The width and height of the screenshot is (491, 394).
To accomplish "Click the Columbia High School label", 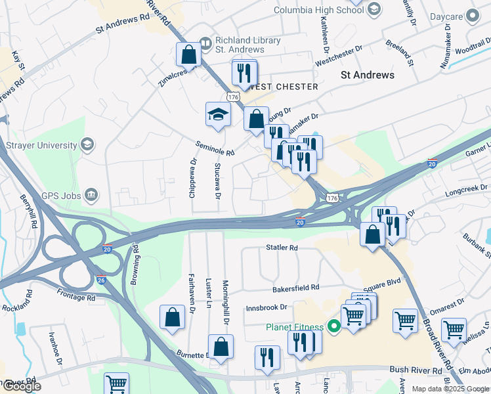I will point(318,11).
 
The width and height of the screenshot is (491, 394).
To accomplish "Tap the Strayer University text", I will point(38,144).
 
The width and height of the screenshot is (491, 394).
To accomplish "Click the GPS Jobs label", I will point(59,194).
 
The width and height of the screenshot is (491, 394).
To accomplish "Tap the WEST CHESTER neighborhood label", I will point(284,87).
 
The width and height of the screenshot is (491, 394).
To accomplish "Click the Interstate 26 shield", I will point(100,279).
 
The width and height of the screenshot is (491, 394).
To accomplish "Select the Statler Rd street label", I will point(282,248).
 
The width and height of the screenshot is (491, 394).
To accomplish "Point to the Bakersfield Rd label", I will point(296,288).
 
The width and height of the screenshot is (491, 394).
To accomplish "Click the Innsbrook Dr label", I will point(267,307).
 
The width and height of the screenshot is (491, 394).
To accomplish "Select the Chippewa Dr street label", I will point(193,178).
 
